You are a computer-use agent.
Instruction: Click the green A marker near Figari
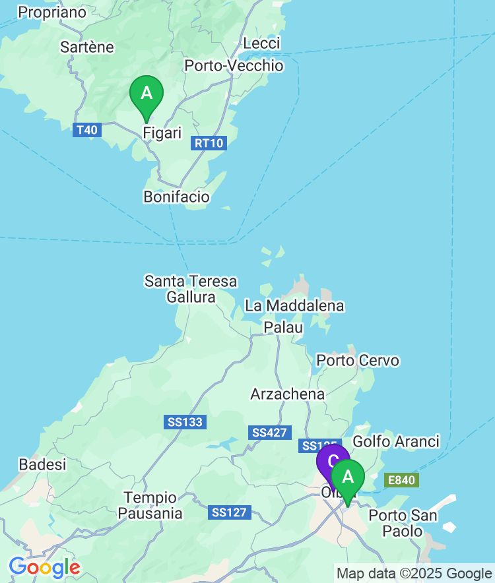[x=147, y=94]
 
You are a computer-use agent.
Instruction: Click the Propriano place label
[x=52, y=12]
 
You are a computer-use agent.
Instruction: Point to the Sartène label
[x=86, y=47]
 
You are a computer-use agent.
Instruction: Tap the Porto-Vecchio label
[x=234, y=65]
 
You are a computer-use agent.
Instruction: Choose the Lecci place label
[x=261, y=43]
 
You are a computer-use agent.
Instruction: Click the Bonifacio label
[x=176, y=197]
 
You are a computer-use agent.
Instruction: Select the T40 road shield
[x=86, y=130]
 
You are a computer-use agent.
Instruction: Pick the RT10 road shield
[x=209, y=143]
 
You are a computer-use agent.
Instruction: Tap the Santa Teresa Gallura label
[x=191, y=289]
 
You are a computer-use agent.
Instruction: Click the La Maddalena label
[x=294, y=306]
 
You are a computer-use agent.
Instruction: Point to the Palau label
[x=283, y=327]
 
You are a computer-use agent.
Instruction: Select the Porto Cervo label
[x=358, y=361]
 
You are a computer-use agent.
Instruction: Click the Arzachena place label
[x=287, y=394]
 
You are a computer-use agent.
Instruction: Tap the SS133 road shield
[x=185, y=422]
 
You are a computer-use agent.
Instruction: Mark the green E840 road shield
[x=401, y=480]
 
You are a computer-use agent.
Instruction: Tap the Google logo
[x=44, y=567]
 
